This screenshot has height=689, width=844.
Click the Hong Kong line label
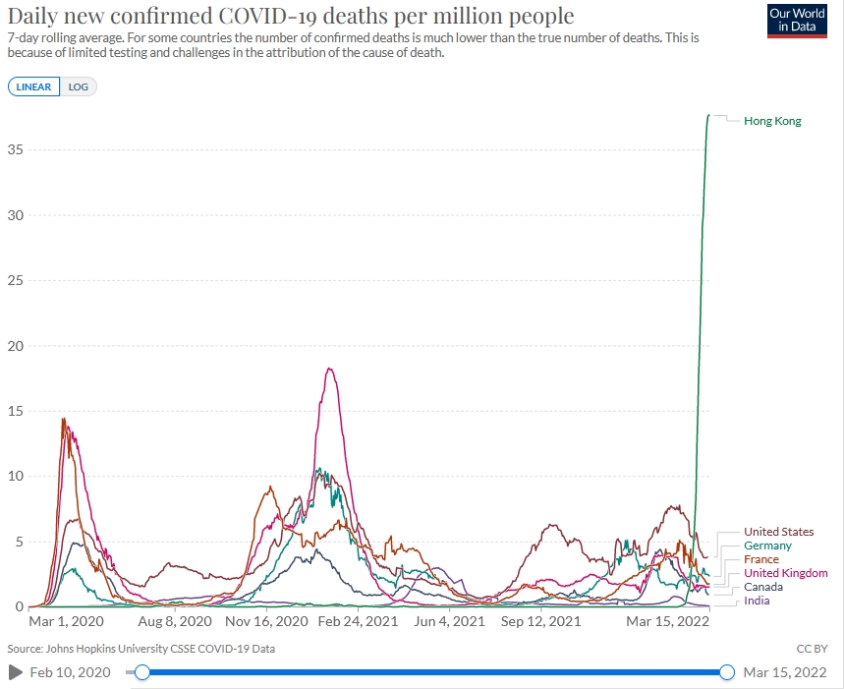tap(772, 121)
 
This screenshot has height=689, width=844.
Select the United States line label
tap(779, 532)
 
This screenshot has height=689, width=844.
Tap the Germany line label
tap(767, 545)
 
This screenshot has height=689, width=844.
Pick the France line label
tap(761, 559)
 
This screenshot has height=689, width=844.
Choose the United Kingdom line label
tap(786, 573)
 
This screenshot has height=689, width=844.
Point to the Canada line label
tap(763, 587)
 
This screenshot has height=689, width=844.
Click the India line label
tap(757, 601)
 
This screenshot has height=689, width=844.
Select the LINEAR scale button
tap(34, 86)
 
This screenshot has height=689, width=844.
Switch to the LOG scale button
tap(78, 86)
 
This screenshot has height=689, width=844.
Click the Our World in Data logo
tap(797, 21)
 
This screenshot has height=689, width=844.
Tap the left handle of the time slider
tap(142, 672)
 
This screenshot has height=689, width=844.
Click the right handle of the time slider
tap(727, 672)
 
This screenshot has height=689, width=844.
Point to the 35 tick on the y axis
tap(16, 149)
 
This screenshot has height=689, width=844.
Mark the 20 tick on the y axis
tap(16, 346)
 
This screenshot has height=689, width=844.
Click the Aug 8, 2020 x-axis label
tap(175, 622)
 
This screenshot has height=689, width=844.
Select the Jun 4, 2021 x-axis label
tap(449, 622)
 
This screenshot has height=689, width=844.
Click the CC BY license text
tap(813, 649)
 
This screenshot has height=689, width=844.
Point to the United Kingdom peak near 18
tap(329, 369)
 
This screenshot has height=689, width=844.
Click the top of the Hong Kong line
tap(708, 115)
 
